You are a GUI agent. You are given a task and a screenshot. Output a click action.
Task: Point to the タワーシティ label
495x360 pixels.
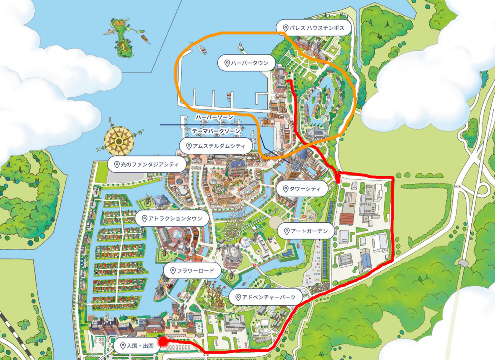click(x=304, y=188)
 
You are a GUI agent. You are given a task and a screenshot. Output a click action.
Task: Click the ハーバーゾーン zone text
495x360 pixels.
click(x=214, y=118)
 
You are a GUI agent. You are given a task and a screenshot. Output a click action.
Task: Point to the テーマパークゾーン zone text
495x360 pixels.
click(x=216, y=131)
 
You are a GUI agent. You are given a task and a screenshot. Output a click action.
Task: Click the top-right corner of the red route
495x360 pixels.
click(x=393, y=177)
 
